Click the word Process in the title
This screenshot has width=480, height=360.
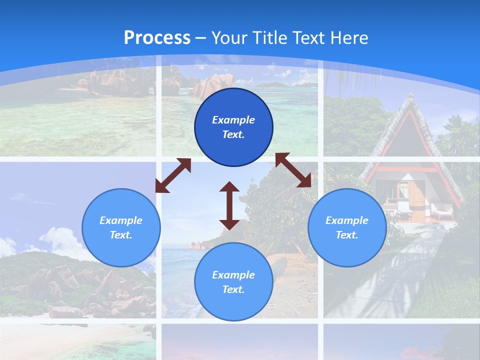[157, 37]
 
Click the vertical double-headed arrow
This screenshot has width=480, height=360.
[229, 205]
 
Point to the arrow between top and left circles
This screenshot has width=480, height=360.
[173, 175]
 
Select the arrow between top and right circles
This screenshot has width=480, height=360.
[293, 170]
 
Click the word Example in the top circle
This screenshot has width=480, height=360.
[233, 120]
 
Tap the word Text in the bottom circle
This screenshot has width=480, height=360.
[233, 289]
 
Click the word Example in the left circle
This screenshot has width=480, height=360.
[121, 220]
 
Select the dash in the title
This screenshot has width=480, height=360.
[201, 38]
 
